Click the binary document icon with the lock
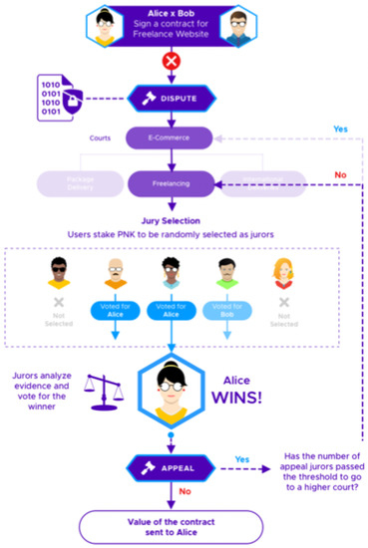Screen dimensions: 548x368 point(55,98)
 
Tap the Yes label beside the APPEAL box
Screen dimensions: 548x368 point(241,457)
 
